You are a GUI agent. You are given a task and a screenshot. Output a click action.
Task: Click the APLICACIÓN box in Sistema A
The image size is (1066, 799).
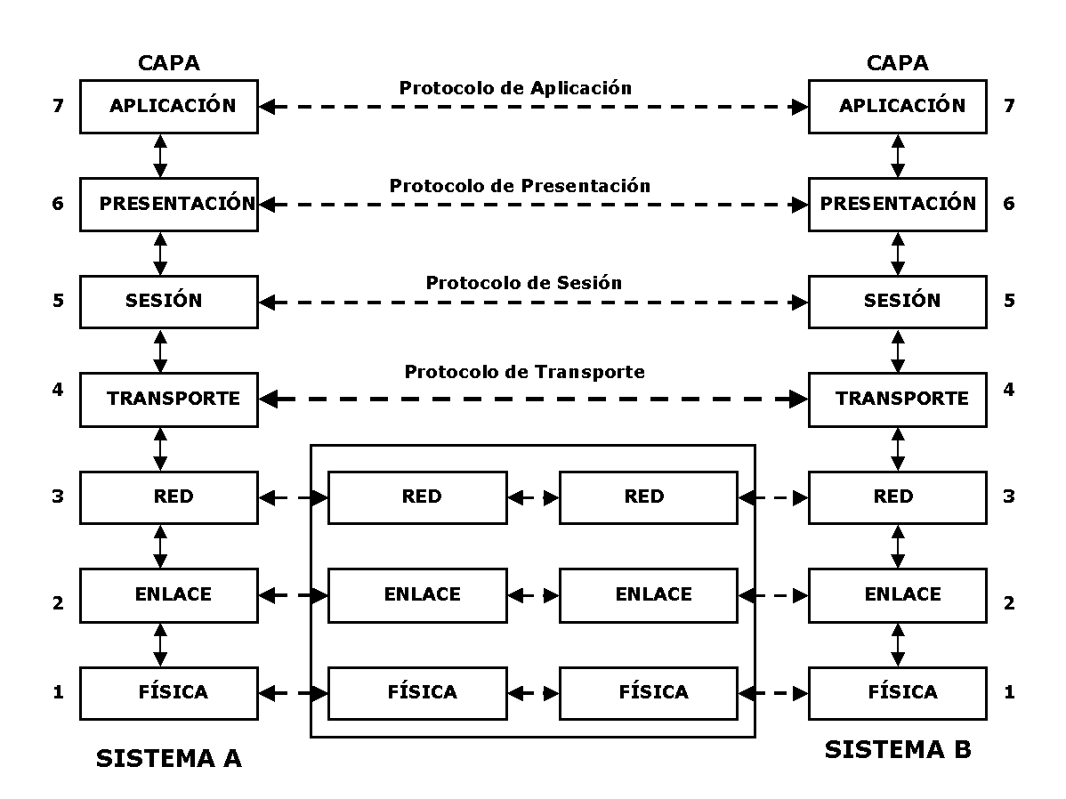coord(169,106)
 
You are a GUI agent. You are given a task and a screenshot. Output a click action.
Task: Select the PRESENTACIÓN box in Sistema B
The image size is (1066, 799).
coord(897,204)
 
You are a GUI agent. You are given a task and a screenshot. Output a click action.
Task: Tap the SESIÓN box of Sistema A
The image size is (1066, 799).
coord(169,301)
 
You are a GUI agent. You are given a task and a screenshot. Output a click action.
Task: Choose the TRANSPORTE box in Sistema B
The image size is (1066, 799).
coord(897,399)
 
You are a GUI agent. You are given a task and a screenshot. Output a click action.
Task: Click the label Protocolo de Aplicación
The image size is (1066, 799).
coord(515,88)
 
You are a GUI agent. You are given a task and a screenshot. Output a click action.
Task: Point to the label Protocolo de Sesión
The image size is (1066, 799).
coord(523,283)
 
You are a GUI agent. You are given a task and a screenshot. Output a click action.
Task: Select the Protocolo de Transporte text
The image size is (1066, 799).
coord(524,372)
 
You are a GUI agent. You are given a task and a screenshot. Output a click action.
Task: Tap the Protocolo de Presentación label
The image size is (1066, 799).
coord(520,186)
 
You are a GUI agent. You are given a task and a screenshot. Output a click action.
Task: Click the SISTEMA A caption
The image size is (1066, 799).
coord(168,759)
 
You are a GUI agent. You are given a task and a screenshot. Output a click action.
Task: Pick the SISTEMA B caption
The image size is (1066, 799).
coord(897,750)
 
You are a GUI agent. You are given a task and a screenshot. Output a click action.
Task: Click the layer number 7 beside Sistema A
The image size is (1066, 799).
coord(59,106)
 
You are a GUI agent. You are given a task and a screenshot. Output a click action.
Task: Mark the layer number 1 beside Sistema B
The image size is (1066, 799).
coord(1008,692)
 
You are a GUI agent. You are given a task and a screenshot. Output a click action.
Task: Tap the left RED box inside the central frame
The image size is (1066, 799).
coord(417,496)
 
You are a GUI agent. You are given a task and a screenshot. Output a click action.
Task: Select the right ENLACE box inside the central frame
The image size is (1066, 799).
coord(648,594)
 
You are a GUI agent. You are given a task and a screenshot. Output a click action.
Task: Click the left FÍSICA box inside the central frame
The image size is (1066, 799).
coord(417,692)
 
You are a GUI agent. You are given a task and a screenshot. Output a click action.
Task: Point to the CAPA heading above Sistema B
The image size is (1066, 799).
coord(897,63)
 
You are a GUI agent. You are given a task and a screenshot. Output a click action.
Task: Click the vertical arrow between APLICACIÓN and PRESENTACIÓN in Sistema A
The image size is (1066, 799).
coord(160,155)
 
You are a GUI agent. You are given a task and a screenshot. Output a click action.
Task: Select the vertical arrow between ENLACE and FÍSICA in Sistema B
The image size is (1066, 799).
coord(897,643)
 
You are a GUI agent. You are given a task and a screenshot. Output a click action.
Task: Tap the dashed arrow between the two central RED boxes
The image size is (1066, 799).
coord(533,497)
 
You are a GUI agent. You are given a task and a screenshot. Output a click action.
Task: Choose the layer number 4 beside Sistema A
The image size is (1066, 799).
coord(59,390)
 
